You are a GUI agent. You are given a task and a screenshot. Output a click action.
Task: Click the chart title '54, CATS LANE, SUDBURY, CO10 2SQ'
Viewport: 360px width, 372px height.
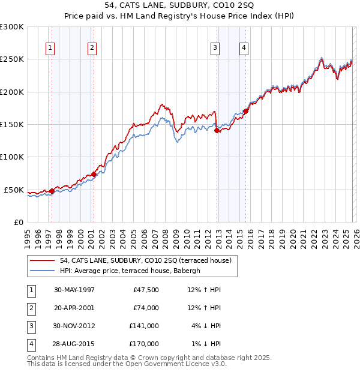[179, 5]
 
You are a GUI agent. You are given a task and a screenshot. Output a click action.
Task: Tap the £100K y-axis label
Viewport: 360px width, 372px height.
[12, 157]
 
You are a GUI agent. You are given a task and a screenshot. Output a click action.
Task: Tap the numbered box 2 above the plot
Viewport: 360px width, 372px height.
[92, 49]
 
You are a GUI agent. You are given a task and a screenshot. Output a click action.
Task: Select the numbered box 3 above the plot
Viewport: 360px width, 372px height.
[215, 49]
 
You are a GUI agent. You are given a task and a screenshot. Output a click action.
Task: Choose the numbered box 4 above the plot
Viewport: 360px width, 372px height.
[244, 49]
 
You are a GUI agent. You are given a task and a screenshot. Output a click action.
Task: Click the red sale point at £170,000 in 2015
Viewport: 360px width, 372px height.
[246, 112]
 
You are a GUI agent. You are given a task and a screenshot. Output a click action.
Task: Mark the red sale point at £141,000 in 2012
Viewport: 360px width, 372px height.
[217, 130]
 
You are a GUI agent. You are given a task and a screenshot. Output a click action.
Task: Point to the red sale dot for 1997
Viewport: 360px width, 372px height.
[52, 191]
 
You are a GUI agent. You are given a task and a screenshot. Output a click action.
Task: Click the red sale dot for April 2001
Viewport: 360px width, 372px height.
[94, 174]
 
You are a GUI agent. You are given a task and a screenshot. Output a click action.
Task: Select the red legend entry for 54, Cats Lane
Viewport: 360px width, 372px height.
[141, 260]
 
